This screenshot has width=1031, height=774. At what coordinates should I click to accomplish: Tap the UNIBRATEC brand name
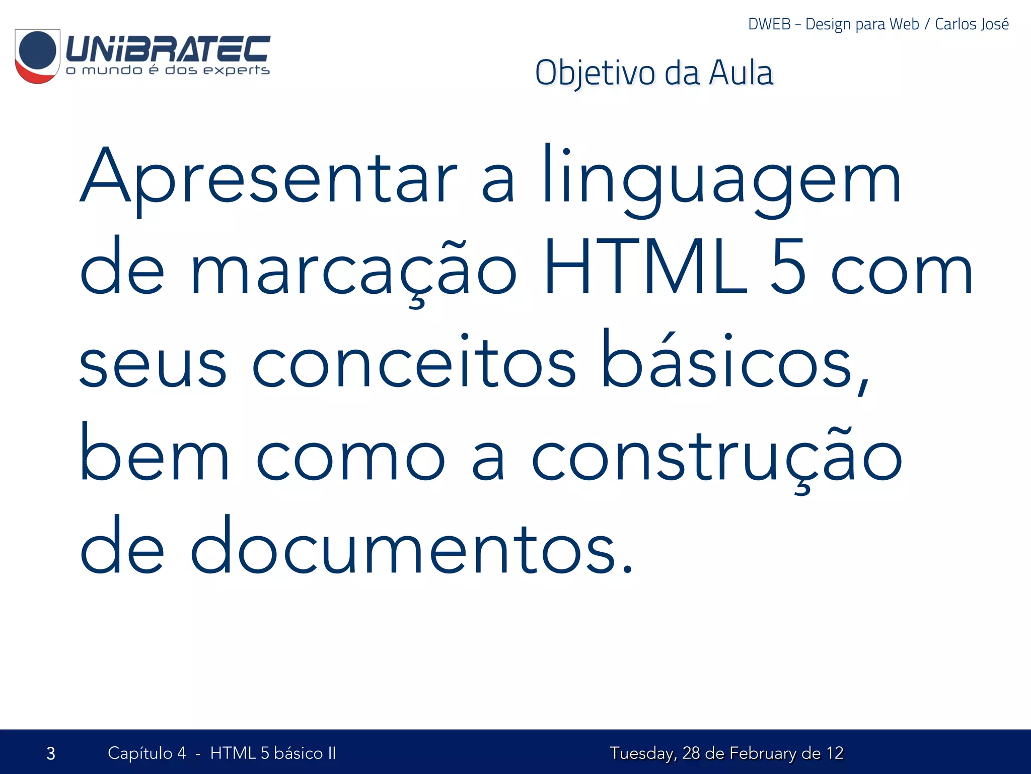pos(168,49)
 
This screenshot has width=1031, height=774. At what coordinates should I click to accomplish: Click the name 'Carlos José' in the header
pos(972,24)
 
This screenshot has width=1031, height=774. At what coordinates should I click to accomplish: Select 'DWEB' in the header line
pos(769,24)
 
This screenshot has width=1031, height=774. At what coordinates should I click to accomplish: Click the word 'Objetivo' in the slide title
pos(595,74)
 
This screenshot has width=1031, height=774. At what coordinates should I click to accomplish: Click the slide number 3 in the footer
pos(51,753)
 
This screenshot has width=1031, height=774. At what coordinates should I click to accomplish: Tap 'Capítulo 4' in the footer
pos(146,753)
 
